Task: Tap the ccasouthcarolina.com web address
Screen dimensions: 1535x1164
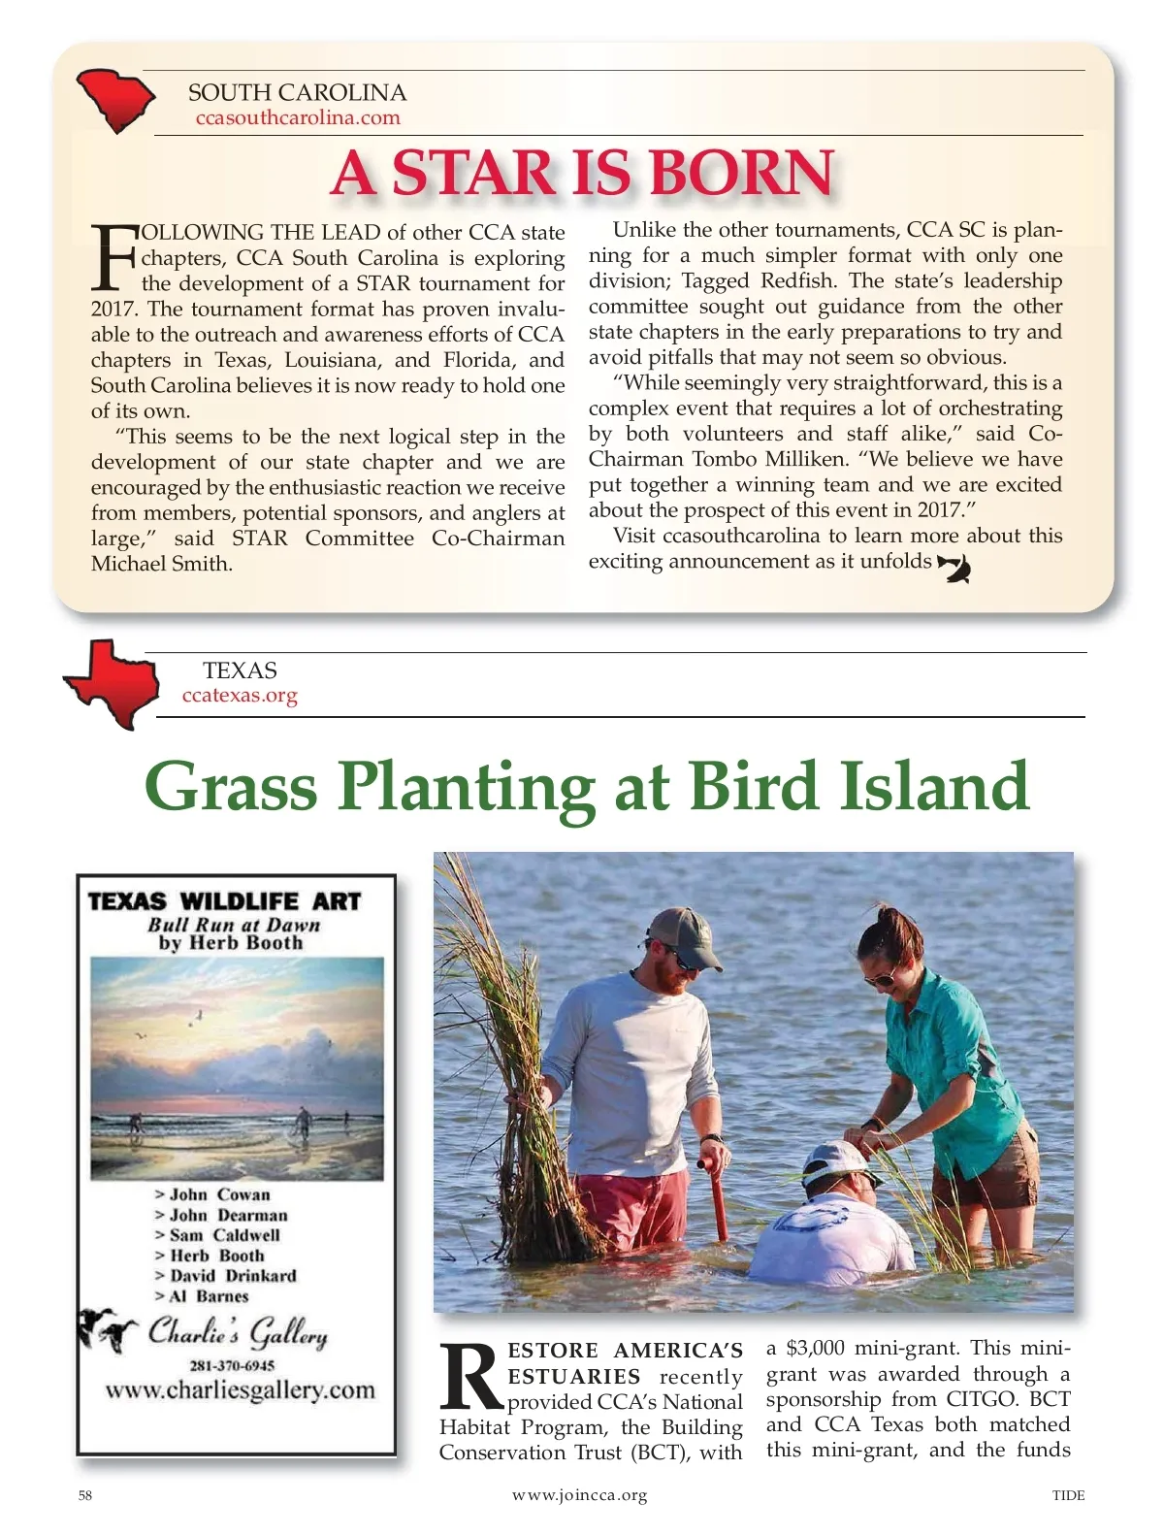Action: click(x=298, y=118)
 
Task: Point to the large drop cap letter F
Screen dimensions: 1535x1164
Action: click(x=113, y=257)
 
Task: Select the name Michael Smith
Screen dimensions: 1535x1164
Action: click(x=161, y=564)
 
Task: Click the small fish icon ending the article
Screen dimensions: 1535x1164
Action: click(x=954, y=568)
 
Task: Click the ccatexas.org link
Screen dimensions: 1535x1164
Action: click(x=240, y=696)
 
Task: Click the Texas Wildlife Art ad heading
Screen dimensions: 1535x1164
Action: click(x=224, y=901)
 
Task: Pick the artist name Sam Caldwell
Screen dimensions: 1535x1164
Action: click(x=224, y=1235)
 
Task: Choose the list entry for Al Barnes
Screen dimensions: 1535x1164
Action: click(x=209, y=1296)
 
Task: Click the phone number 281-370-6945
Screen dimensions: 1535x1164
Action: click(x=232, y=1365)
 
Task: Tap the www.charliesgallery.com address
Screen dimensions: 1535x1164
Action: click(x=240, y=1390)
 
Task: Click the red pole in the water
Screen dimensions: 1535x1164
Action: click(x=719, y=1197)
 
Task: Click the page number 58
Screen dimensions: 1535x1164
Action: click(x=85, y=1495)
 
